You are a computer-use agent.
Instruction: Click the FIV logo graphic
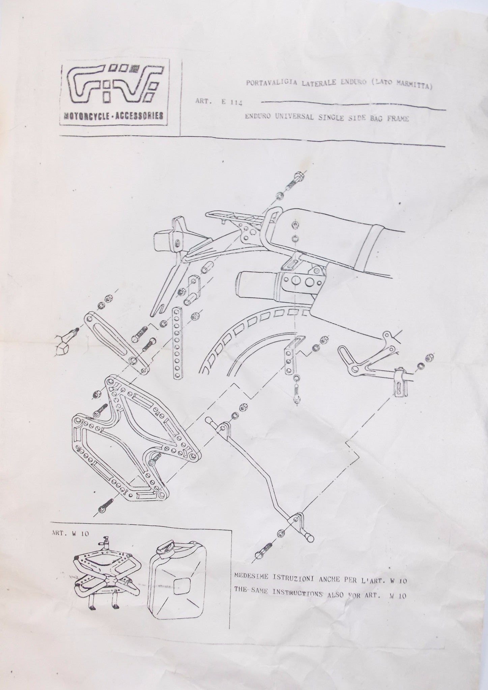point(113,86)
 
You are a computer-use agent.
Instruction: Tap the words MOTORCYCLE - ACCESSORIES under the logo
point(113,116)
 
